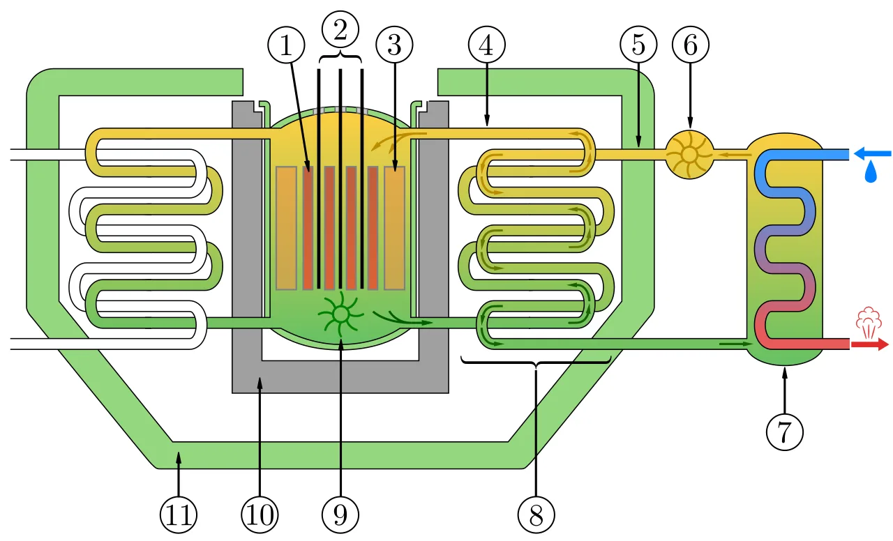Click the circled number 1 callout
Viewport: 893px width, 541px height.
pos(286,45)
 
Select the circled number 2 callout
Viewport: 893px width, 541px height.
pos(340,30)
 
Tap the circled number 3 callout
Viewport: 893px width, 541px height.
pos(394,45)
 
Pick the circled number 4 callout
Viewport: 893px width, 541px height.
pos(487,45)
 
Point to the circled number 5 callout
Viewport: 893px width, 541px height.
pos(638,45)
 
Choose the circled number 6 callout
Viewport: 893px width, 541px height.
pos(691,45)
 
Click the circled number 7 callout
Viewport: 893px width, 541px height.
pos(785,432)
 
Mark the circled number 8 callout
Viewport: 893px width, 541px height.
pos(536,515)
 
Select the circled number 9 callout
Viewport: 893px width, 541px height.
pos(340,515)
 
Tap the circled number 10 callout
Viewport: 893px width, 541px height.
pos(260,515)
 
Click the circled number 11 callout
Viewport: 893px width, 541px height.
pos(178,515)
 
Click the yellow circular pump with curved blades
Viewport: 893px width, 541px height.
pos(689,155)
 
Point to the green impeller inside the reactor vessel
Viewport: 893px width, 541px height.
pos(340,314)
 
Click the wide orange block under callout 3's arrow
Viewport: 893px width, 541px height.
pos(394,228)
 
